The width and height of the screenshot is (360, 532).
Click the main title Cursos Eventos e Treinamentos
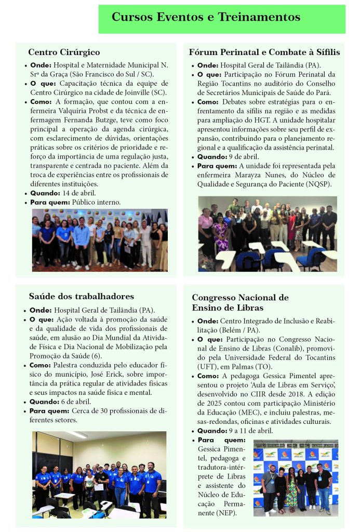coord(206,17)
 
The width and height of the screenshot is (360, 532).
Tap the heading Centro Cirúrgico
coord(64,52)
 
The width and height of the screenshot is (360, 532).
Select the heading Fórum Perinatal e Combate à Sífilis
coord(264,52)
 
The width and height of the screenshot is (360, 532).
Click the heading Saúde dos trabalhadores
coord(82,297)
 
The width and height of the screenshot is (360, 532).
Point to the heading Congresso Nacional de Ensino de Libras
coord(240,302)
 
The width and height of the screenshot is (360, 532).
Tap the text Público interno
coord(96,202)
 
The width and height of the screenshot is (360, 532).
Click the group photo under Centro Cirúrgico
coord(100,240)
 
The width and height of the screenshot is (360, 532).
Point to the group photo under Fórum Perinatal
coord(267,233)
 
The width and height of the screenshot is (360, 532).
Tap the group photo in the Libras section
coord(296,477)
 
